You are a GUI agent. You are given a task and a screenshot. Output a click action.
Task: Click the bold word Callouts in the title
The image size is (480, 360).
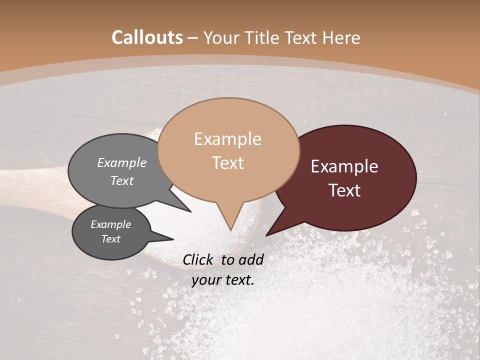(x=147, y=37)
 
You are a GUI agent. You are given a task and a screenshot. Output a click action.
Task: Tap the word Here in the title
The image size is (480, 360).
(x=342, y=38)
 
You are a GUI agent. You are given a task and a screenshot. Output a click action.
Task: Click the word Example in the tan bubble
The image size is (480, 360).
(x=227, y=139)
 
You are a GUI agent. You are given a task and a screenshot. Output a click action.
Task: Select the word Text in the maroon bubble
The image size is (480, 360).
(x=345, y=190)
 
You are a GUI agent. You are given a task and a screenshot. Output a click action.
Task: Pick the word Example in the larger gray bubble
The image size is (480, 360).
(x=122, y=162)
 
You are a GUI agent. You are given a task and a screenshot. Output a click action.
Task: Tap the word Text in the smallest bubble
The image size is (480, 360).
(x=111, y=239)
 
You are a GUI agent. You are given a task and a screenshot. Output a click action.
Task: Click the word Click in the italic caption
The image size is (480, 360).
(x=198, y=259)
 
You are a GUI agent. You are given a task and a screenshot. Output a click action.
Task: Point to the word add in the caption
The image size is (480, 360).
(x=251, y=259)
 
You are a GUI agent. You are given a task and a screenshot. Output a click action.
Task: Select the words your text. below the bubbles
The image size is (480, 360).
(x=223, y=280)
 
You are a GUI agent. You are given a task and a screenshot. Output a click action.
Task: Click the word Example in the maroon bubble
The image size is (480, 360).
(x=344, y=166)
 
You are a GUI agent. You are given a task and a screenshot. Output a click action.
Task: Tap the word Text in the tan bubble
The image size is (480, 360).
(x=228, y=163)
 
